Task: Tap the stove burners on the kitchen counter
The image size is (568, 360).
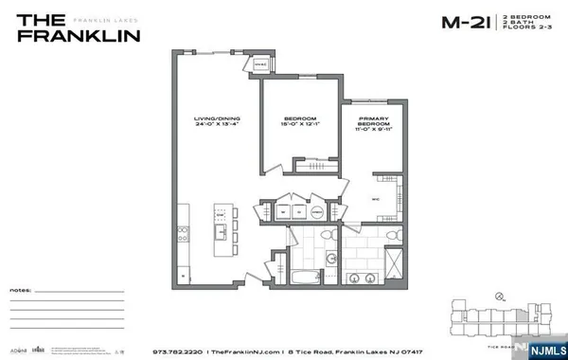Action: point(183,233)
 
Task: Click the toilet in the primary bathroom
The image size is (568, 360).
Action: point(349,237)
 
